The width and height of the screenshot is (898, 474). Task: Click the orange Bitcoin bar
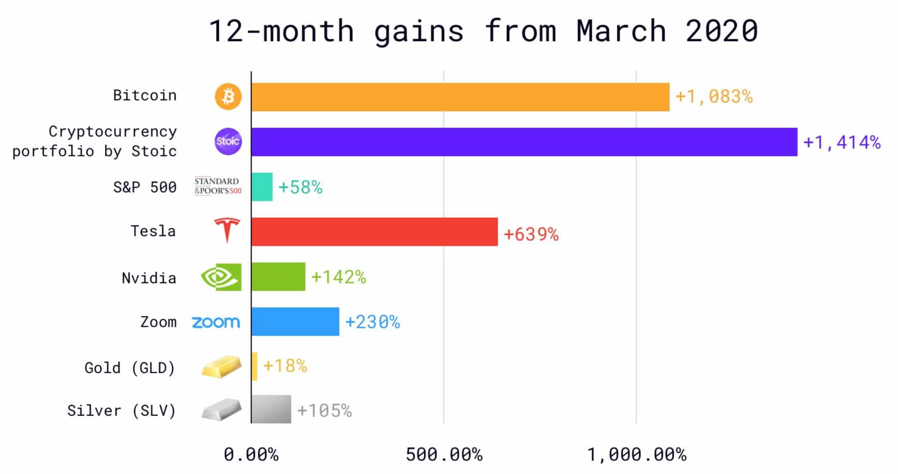coord(460,97)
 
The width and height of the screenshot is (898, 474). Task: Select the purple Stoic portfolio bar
coord(524,142)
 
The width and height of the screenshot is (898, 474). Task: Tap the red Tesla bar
coord(374,232)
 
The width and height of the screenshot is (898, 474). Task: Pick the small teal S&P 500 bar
coord(262,187)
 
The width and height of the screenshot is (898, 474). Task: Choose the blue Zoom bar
coord(295,321)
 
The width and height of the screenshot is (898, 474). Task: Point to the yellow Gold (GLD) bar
coord(254,366)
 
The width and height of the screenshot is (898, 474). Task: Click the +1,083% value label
coord(714,97)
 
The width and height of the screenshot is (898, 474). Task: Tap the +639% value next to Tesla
coord(531,235)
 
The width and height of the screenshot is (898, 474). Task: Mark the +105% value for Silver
coord(324,411)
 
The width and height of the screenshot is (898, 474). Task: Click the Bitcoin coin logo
coord(228,97)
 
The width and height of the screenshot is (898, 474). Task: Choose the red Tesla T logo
coord(227,230)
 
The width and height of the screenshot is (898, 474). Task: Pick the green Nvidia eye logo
coord(221,277)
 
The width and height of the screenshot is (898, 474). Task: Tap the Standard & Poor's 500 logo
coord(218,186)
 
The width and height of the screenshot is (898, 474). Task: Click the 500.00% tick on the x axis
coord(444,455)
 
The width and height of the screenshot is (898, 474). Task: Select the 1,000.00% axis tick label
coord(637,455)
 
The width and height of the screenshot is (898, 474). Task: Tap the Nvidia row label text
coord(149,278)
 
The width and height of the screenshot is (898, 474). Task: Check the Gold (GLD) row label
coord(130,368)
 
